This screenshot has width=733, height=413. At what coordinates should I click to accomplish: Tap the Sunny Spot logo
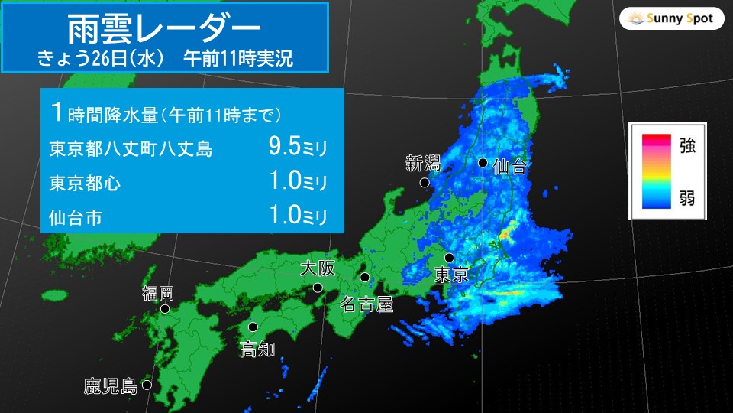(672, 18)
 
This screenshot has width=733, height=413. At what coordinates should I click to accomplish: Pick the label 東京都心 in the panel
(84, 184)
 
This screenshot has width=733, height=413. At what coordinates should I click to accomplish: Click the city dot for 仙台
(483, 162)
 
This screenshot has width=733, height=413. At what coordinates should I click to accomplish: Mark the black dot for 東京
(450, 258)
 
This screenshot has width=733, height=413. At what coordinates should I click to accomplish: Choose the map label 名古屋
(366, 304)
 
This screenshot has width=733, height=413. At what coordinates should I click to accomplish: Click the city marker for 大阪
(318, 288)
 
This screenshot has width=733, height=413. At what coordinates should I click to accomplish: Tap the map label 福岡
(158, 292)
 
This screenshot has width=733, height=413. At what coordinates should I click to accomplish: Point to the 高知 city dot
(253, 327)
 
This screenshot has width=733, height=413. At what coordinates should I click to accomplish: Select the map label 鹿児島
(110, 386)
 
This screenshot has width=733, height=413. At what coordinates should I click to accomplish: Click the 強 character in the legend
(686, 146)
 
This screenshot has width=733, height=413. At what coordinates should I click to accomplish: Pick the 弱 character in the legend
(686, 199)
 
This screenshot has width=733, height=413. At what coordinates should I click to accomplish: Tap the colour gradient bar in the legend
(656, 171)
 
